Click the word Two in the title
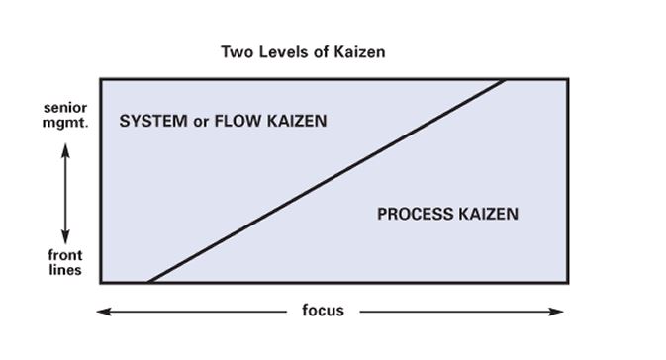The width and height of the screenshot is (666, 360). (x=238, y=52)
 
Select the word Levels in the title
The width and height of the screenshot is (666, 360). (x=284, y=52)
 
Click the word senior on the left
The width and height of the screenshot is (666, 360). (x=64, y=107)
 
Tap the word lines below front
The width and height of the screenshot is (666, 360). (x=65, y=269)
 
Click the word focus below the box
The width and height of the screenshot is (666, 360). (x=323, y=311)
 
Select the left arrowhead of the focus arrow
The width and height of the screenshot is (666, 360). (x=102, y=311)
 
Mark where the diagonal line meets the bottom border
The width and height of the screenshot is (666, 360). (x=147, y=282)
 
